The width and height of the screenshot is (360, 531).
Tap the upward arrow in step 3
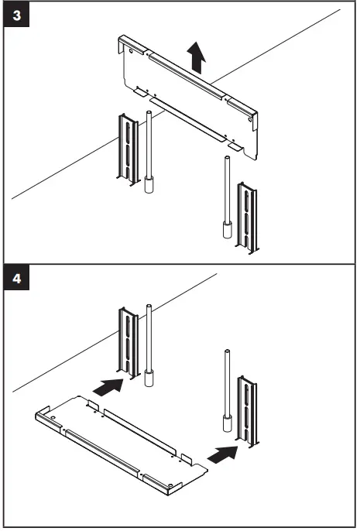pyautogui.click(x=198, y=58)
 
